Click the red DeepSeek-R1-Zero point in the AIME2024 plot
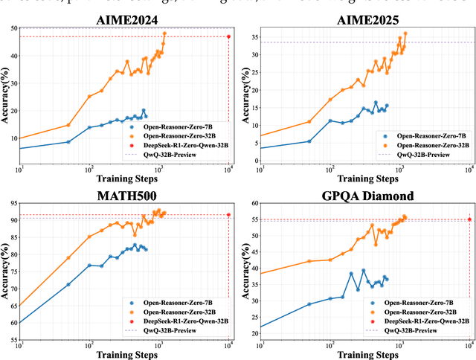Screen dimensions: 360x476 click(x=228, y=36)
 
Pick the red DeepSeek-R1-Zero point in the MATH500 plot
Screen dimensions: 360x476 click(x=228, y=215)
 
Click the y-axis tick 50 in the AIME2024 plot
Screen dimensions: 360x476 click(x=13, y=28)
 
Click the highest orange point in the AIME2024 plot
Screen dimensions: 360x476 click(x=164, y=33)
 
